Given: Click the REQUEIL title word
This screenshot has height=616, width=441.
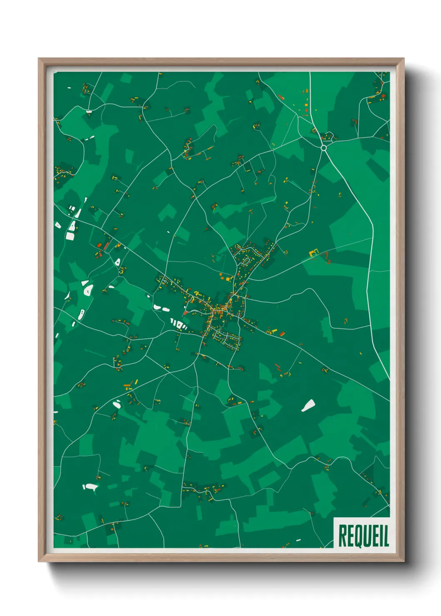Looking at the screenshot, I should pyautogui.click(x=363, y=536).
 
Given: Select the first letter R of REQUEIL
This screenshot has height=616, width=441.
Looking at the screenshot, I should pyautogui.click(x=342, y=536).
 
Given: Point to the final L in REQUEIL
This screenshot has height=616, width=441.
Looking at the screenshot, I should pyautogui.click(x=386, y=536).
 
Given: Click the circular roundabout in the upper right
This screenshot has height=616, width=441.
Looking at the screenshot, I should pyautogui.click(x=324, y=148).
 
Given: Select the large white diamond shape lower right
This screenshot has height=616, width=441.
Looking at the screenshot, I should pyautogui.click(x=308, y=405).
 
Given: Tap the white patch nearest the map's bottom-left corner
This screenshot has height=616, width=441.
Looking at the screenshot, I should pyautogui.click(x=90, y=487).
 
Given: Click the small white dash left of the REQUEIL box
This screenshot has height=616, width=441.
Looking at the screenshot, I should pyautogui.click(x=298, y=540).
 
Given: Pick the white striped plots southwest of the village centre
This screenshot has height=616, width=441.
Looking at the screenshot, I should pyautogui.click(x=179, y=324).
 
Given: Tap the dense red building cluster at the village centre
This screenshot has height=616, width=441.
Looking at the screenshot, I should pyautogui.click(x=218, y=311).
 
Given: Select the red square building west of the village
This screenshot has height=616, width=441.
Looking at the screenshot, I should pyautogui.click(x=185, y=313).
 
